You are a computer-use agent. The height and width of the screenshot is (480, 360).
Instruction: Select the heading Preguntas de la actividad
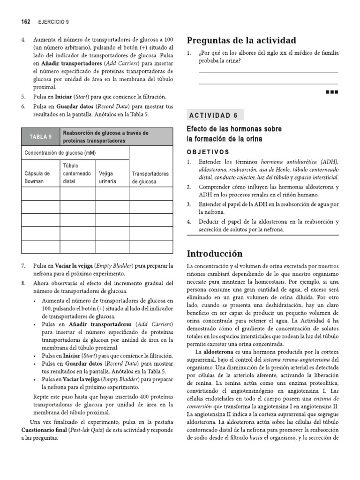click(241, 40)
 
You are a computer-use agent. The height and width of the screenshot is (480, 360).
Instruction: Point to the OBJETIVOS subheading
click(208, 152)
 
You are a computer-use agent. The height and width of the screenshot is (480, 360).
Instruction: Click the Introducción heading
click(215, 254)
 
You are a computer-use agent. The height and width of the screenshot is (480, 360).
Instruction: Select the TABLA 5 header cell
click(41, 137)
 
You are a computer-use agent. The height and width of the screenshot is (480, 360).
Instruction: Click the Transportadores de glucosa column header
click(150, 177)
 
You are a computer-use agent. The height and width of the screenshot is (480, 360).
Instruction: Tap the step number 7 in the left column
click(23, 265)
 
